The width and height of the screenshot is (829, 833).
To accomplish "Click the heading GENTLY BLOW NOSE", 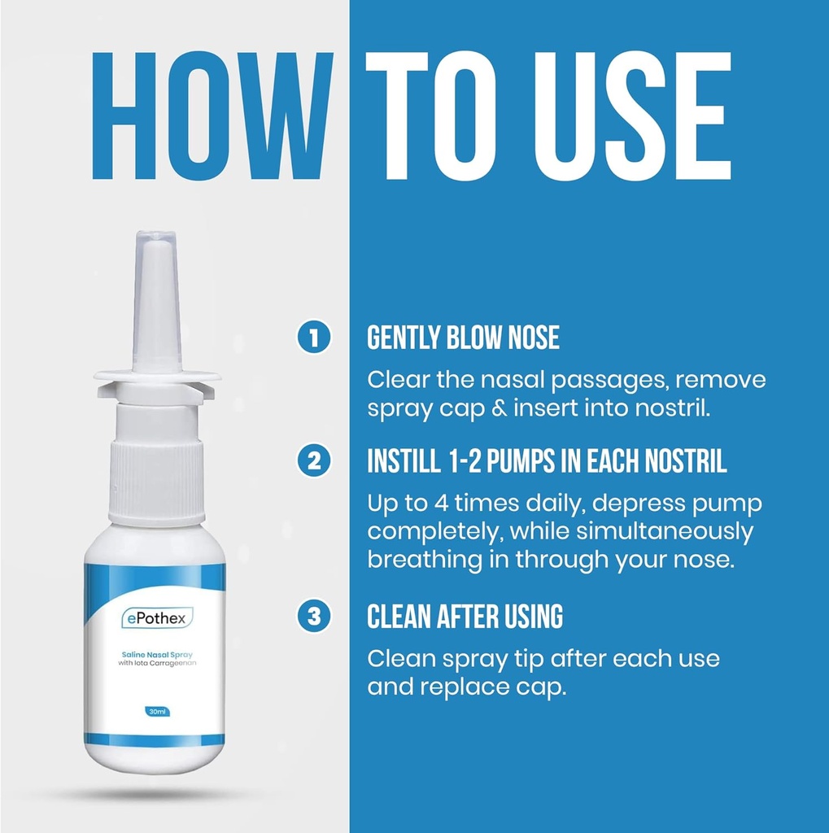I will [463, 338].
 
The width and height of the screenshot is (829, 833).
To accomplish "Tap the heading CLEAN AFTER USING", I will [465, 617].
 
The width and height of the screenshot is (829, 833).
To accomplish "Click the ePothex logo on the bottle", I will [154, 619].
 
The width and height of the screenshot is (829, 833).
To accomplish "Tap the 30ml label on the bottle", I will [154, 710].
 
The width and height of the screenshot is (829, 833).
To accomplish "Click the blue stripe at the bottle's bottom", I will [155, 739].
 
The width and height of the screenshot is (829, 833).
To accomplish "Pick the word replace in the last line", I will [465, 687].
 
